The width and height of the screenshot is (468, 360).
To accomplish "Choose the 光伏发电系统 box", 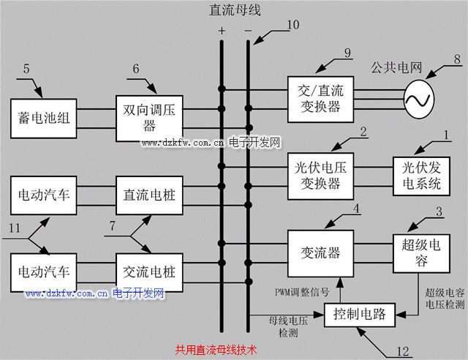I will click(422, 175).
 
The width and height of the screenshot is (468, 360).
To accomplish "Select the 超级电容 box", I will click(422, 252).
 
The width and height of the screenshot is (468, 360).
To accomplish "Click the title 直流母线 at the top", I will click(234, 10).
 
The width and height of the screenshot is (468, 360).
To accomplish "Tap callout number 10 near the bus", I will click(292, 25).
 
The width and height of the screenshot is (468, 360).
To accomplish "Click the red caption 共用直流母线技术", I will click(216, 350).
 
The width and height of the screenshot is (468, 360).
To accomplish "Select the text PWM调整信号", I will click(302, 290).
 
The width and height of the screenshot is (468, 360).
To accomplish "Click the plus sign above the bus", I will click(222, 31).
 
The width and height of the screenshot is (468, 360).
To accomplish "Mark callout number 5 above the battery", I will click(27, 70).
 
